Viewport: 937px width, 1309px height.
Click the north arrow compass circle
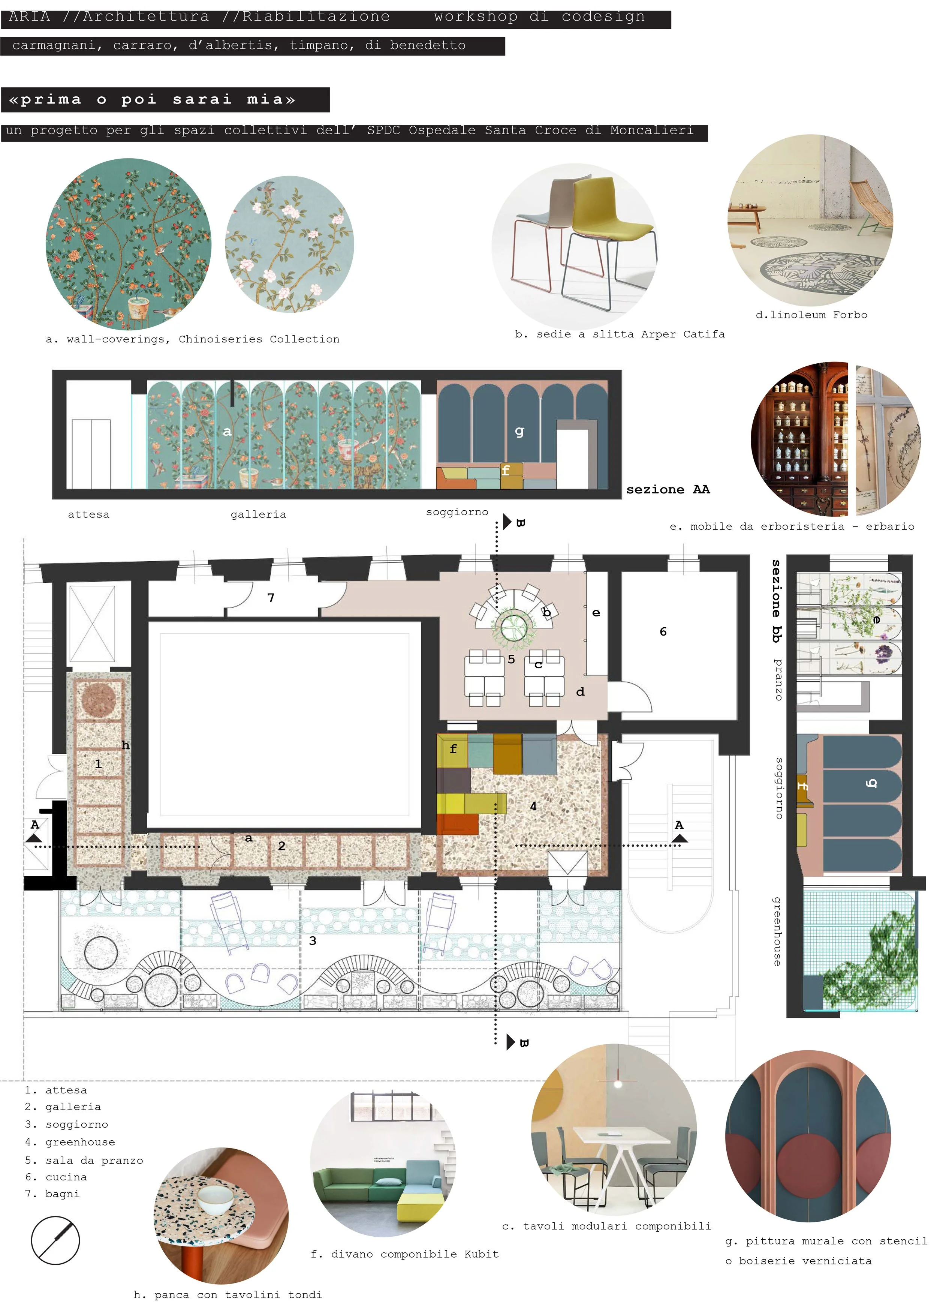pos(55,1240)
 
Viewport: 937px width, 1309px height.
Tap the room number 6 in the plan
pos(663,631)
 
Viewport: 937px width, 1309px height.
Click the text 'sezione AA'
pos(668,489)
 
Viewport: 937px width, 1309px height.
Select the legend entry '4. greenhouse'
pos(70,1142)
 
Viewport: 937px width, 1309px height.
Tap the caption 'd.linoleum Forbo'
pos(811,315)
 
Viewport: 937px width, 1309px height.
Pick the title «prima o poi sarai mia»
pos(152,100)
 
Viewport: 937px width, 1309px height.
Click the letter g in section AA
pos(519,431)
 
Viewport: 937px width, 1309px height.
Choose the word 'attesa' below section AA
pos(88,514)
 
